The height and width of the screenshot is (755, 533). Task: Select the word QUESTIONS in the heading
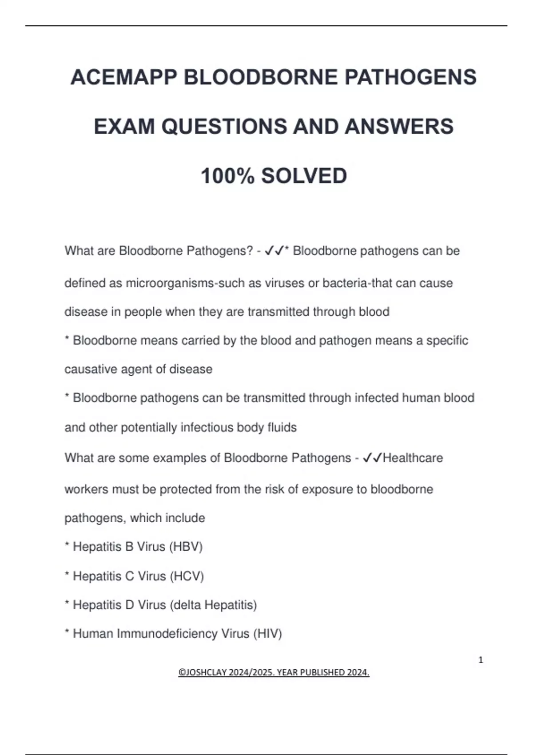tap(224, 127)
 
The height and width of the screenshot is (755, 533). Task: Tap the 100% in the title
tap(227, 176)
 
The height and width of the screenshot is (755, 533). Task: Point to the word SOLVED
tap(304, 176)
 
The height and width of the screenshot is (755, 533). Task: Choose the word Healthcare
tap(413, 458)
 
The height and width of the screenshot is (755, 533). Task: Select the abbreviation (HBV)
tap(186, 547)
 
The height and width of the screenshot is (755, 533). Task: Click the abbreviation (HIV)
tap(267, 634)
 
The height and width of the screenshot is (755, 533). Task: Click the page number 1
tap(481, 660)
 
